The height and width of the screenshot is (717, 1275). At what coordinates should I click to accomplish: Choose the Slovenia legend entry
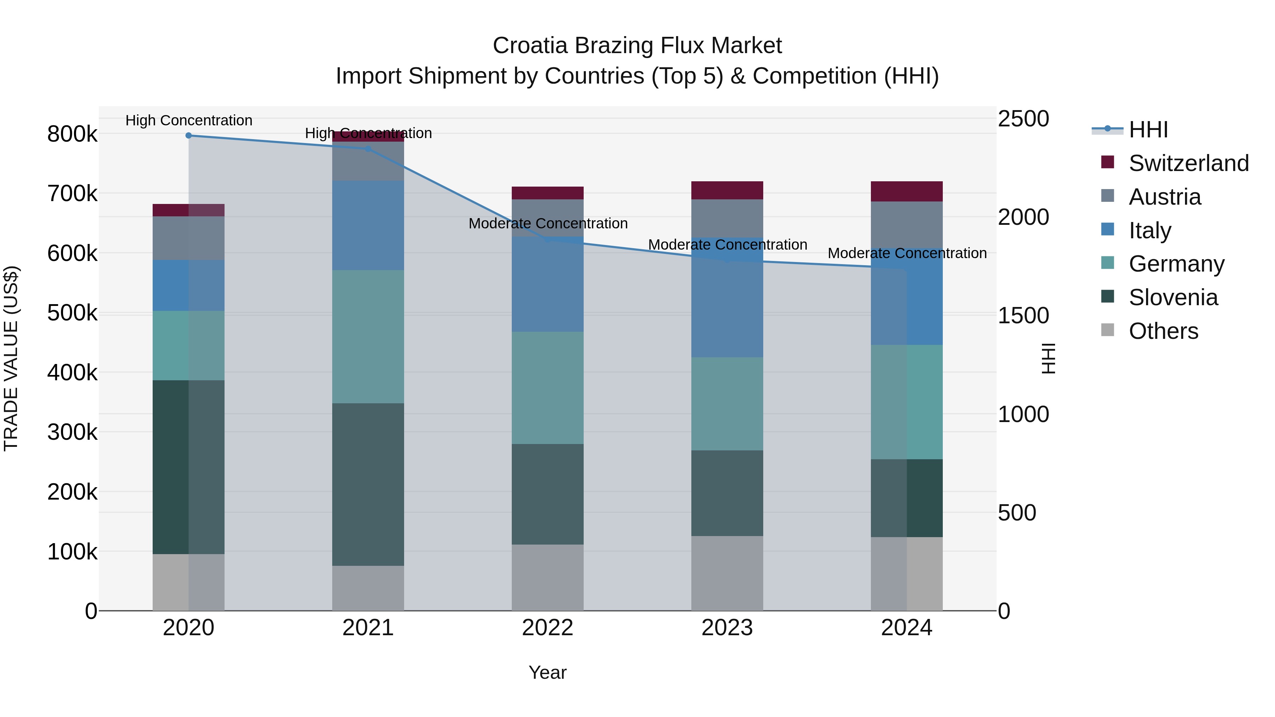pos(1173,297)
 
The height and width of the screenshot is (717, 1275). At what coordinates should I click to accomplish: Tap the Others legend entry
pos(1163,331)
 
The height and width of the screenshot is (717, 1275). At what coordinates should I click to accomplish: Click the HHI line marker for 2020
pos(188,136)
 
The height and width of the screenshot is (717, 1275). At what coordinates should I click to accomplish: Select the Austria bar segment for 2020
pos(188,238)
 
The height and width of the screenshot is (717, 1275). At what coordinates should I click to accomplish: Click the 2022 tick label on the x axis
pos(548,628)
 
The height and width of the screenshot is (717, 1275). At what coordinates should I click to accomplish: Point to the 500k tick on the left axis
pos(72,313)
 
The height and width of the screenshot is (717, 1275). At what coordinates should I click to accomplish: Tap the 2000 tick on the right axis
pos(1022,217)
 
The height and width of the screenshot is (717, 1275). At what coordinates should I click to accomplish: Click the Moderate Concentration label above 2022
pos(548,224)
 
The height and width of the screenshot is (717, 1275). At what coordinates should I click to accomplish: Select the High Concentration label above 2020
pos(188,121)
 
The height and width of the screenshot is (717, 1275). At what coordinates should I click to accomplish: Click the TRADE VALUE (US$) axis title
pos(11,358)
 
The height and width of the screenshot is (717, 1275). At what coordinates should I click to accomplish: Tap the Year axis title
pos(548,672)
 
